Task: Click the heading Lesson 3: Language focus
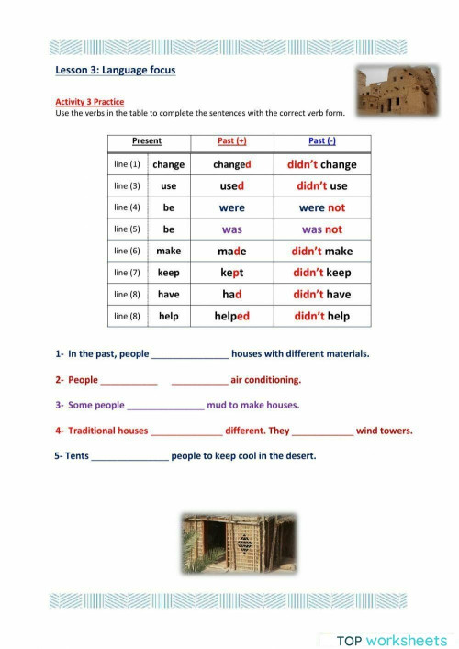115,70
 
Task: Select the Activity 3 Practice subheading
90,101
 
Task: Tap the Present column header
147,141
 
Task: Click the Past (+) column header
232,141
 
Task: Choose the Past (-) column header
321,141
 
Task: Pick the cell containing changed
232,164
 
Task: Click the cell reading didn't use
321,185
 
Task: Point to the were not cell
321,207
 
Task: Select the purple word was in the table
232,229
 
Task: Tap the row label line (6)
127,251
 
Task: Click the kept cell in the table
232,273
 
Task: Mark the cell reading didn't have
321,295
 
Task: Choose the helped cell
232,316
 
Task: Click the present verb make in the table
168,251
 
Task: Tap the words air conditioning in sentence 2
266,380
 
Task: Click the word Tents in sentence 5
77,456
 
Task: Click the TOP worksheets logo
389,616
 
